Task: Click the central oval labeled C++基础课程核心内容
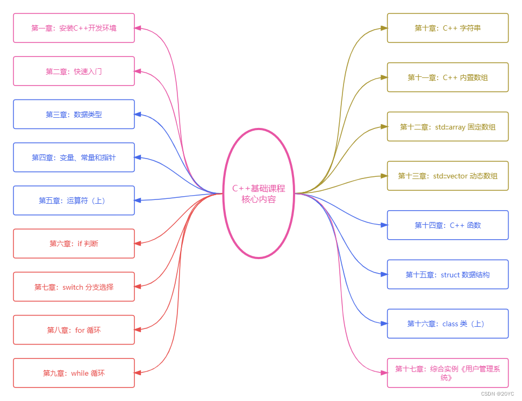tap(259, 194)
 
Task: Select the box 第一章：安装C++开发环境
tap(74, 28)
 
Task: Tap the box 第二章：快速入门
tap(74, 71)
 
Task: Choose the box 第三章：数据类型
tap(74, 114)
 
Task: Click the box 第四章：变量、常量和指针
tap(74, 157)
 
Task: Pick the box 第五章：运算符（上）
tap(74, 200)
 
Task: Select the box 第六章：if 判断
tap(74, 244)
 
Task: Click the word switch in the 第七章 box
tap(73, 287)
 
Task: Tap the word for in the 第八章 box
tap(80, 330)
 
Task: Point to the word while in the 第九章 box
tap(80, 373)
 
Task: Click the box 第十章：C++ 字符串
tap(447, 28)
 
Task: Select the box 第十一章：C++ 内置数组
tap(447, 77)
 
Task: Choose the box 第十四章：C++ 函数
tap(447, 225)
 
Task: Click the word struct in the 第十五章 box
tap(451, 275)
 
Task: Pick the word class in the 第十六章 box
tap(450, 324)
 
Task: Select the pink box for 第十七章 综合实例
tap(447, 373)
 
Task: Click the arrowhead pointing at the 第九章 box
tap(138, 373)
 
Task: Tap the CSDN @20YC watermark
tap(497, 394)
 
